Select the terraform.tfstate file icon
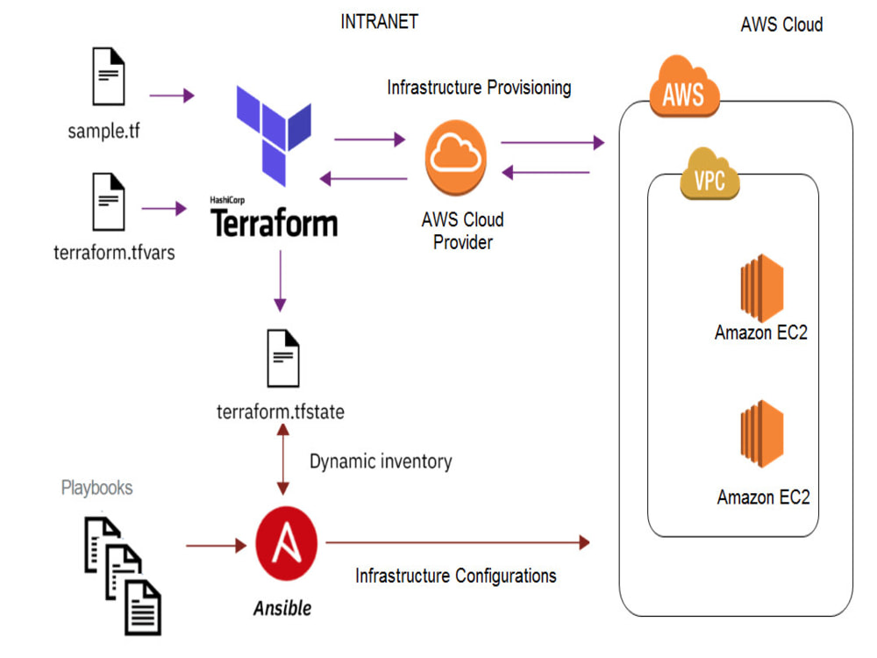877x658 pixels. [282, 358]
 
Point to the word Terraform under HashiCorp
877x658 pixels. [274, 223]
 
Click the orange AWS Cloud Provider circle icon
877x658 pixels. [455, 157]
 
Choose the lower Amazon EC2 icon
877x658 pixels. [760, 435]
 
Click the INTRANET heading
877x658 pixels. [379, 22]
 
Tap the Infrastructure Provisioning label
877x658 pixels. [479, 88]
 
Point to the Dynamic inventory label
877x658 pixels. [381, 461]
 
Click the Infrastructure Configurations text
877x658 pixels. [455, 576]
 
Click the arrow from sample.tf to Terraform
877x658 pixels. [172, 95]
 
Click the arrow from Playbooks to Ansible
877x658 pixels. [216, 546]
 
